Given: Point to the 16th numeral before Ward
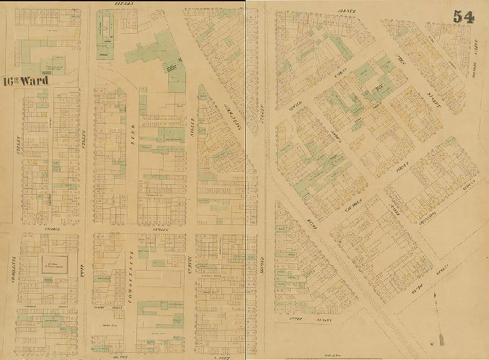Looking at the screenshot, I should [x=11, y=81].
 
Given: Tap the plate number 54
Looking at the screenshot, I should [x=464, y=17].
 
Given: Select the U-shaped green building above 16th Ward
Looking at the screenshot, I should [x=42, y=56].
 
